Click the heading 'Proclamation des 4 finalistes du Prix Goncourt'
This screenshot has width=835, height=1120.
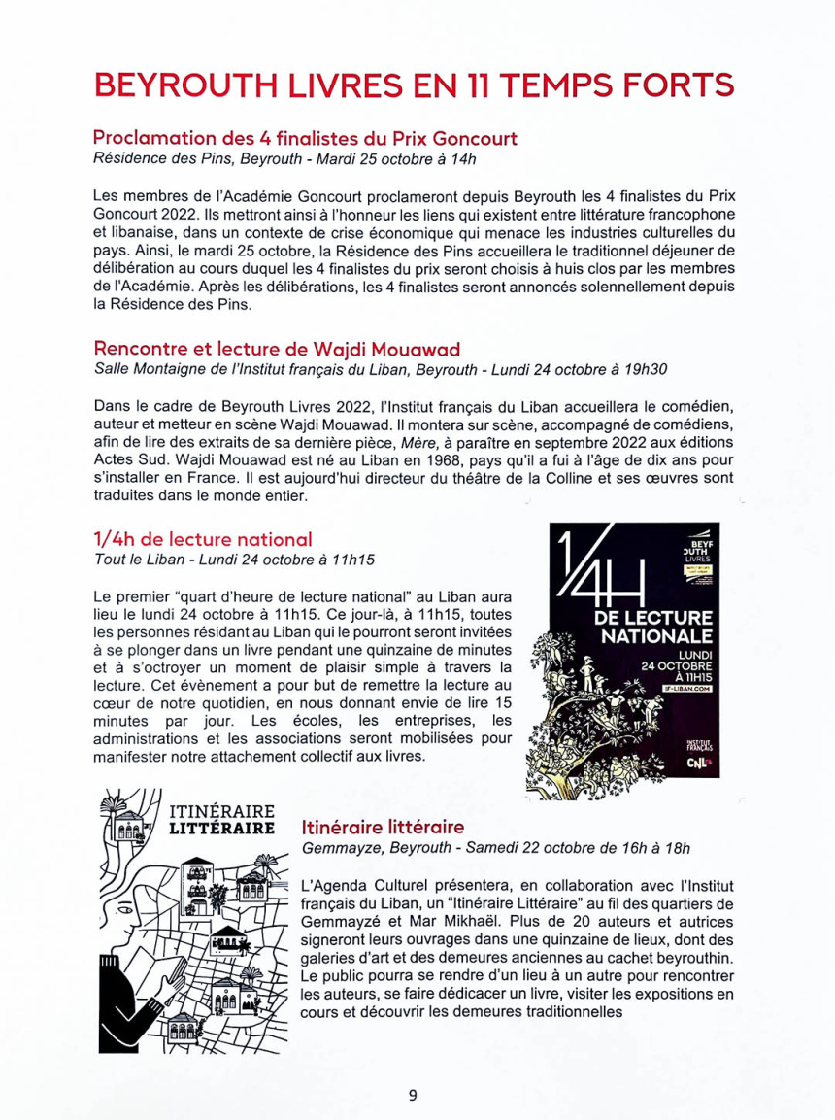[x=305, y=138]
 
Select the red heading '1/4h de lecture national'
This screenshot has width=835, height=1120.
[x=203, y=539]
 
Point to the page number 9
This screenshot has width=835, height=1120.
[x=413, y=1095]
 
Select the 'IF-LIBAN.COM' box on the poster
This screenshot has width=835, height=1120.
[x=686, y=688]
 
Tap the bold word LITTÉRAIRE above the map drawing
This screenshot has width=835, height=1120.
[x=221, y=829]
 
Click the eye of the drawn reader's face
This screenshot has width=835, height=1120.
[x=123, y=912]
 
